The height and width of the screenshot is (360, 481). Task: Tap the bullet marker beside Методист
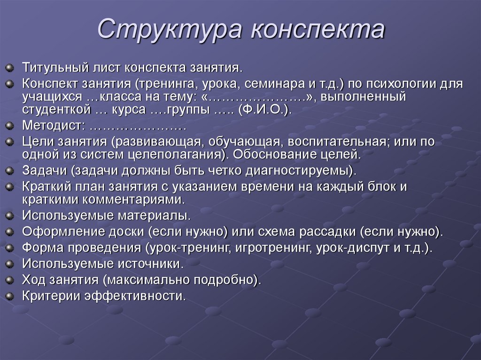point(10,126)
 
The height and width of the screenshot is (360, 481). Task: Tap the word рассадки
point(335,231)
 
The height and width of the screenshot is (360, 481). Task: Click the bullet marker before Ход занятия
point(10,280)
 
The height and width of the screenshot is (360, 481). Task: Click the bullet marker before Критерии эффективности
point(10,296)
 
